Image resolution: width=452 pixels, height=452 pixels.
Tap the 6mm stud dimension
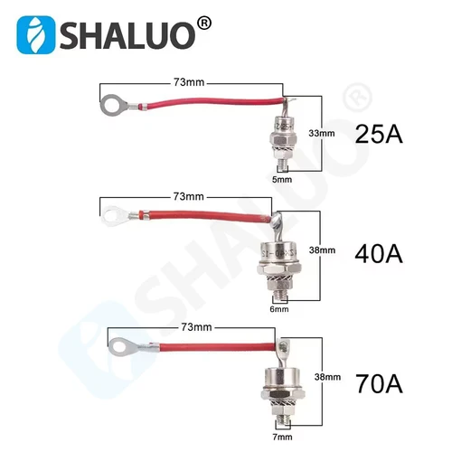tap(278, 310)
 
